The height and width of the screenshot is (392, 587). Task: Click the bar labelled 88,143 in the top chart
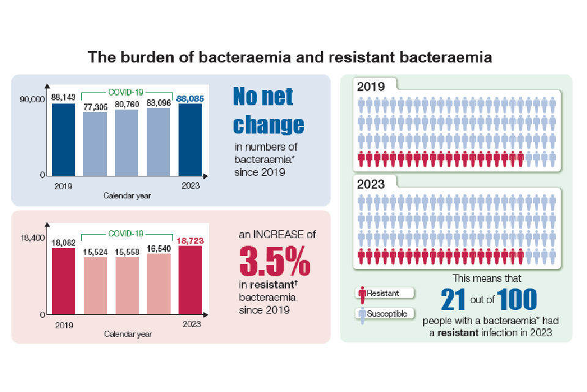[63, 139]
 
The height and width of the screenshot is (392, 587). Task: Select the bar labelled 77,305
[95, 143]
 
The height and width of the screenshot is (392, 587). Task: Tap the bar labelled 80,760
[127, 142]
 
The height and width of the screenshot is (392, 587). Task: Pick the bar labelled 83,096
[158, 141]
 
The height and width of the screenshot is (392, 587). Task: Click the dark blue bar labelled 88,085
[190, 139]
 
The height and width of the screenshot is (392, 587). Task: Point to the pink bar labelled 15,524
[95, 285]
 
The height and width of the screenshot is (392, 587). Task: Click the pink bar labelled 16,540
[158, 284]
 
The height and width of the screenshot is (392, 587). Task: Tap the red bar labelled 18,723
[190, 280]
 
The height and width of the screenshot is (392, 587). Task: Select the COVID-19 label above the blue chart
[126, 92]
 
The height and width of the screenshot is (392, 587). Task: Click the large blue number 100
[517, 300]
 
